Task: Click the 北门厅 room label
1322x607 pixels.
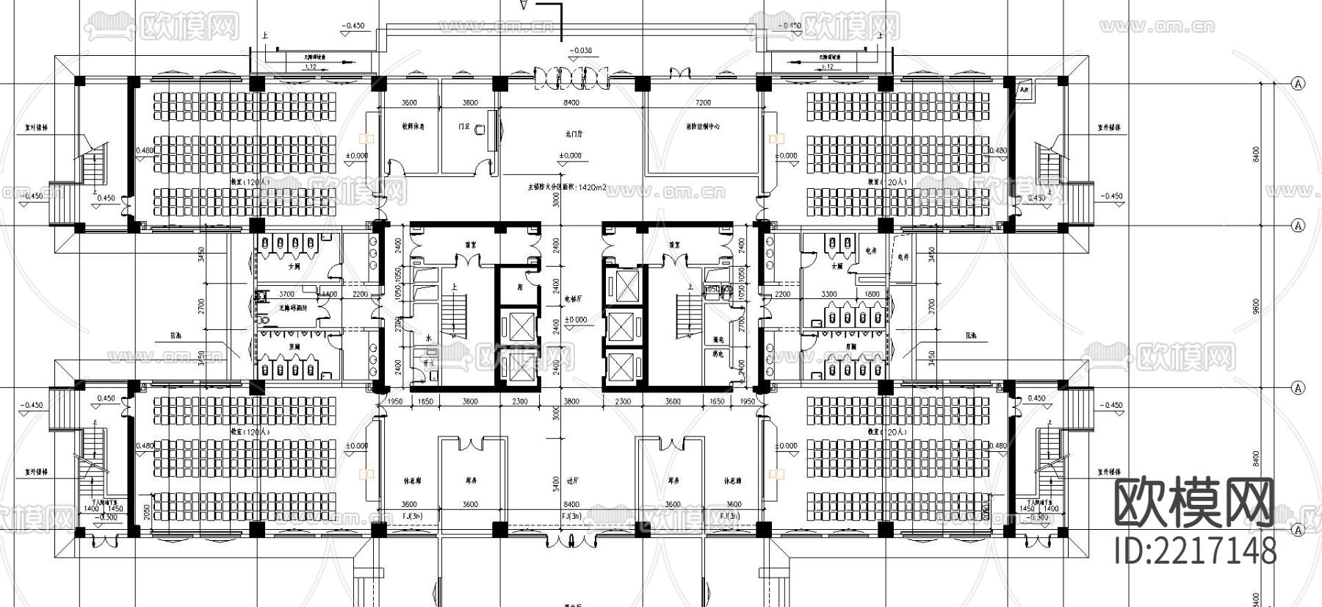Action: tap(574, 134)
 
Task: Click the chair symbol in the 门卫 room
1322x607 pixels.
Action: tap(481, 130)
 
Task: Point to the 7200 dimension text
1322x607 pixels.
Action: tap(703, 103)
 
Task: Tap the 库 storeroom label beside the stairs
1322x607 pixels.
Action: tap(519, 287)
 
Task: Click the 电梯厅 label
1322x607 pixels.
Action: tap(573, 299)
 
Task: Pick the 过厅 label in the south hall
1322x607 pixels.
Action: tap(573, 482)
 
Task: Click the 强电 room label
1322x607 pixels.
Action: tap(718, 340)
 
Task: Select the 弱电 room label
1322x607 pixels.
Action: tap(718, 354)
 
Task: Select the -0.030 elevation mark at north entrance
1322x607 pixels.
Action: tap(580, 51)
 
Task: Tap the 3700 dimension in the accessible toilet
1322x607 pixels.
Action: tap(287, 294)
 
